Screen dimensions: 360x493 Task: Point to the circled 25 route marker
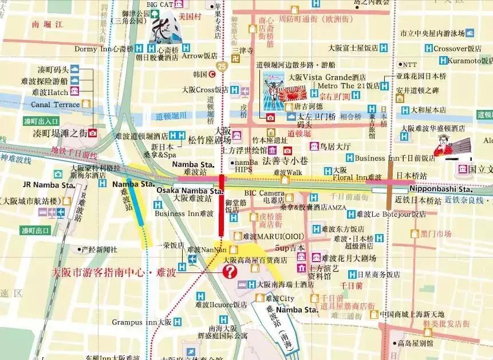tap(222, 68)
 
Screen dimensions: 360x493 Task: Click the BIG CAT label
tap(159, 5)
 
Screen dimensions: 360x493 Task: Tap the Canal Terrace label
tap(55, 105)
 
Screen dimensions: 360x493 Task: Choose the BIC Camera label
tap(265, 193)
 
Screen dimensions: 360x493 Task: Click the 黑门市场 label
tap(436, 234)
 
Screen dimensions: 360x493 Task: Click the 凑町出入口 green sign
tap(41, 121)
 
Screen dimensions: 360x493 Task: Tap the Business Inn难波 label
tap(184, 213)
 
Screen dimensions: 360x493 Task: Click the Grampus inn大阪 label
tap(142, 322)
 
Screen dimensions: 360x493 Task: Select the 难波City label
tap(279, 298)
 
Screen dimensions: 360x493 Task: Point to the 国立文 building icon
tap(462, 169)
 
